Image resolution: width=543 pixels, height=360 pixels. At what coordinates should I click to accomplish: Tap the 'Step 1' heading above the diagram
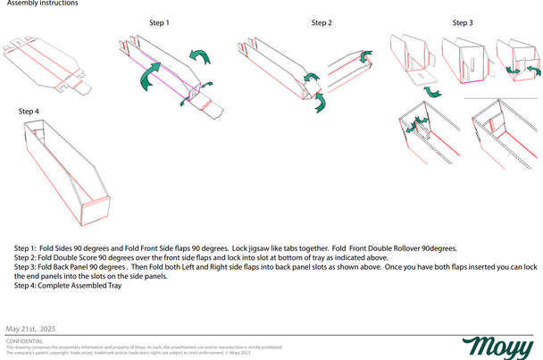(x=160, y=21)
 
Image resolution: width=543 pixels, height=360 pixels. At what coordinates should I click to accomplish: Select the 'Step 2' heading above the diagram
(x=322, y=22)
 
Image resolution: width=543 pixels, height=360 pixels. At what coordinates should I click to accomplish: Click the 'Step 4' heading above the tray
(x=29, y=111)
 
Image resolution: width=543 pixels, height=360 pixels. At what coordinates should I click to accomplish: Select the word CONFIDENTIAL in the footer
(x=24, y=341)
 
